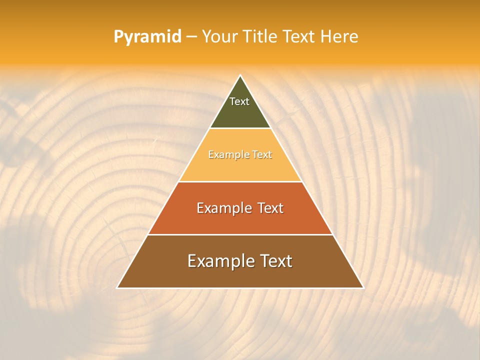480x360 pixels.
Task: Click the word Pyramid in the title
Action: pyautogui.click(x=147, y=37)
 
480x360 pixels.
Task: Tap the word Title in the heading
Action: pyautogui.click(x=259, y=36)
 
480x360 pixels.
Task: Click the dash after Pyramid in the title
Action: pyautogui.click(x=191, y=37)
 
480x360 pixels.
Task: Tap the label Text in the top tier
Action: pyautogui.click(x=239, y=101)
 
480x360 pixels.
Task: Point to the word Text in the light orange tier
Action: pyautogui.click(x=262, y=155)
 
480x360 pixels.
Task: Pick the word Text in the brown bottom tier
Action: pyautogui.click(x=275, y=261)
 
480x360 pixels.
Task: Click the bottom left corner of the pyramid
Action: pyautogui.click(x=117, y=288)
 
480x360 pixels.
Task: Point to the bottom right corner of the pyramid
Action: pyautogui.click(x=363, y=288)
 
